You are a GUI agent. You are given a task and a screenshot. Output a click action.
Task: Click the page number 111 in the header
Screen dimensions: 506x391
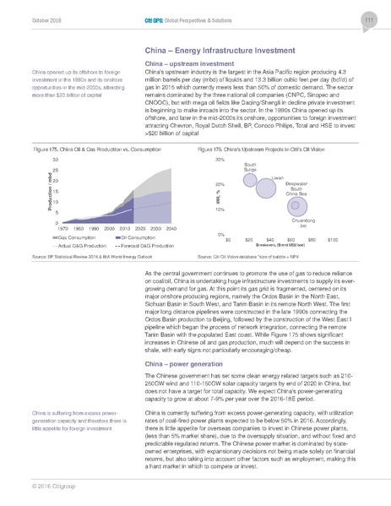[x=368, y=20]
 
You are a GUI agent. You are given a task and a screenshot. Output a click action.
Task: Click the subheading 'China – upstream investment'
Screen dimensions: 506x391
[x=190, y=64]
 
